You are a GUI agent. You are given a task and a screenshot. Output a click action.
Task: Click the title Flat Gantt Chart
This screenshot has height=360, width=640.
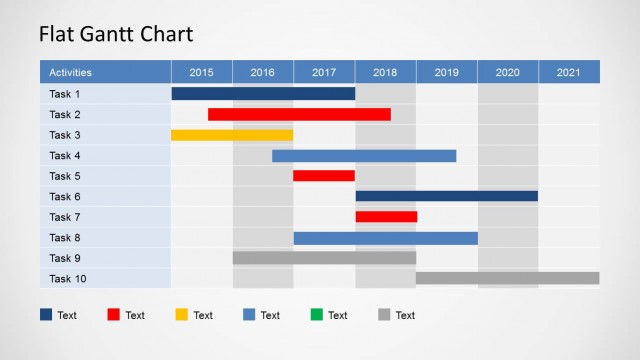coord(116,34)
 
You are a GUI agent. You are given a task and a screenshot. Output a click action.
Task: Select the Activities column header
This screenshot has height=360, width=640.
coord(71,72)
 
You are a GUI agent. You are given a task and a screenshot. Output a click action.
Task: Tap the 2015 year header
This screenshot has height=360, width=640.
coord(201,72)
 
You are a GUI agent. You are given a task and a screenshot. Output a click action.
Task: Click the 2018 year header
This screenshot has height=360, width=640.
coord(385,72)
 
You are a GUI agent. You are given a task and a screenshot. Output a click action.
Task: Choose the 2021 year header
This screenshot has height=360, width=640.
coord(568,72)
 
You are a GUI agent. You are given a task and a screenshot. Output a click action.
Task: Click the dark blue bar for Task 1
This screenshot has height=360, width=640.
coord(263,94)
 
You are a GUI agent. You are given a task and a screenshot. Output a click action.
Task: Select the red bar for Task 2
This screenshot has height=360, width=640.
coord(299,114)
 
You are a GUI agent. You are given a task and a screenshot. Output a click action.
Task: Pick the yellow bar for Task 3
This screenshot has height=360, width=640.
coord(232,135)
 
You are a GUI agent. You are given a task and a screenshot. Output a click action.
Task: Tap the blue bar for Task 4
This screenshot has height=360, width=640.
coord(364,155)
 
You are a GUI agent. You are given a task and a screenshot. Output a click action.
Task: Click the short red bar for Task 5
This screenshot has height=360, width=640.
coord(324,176)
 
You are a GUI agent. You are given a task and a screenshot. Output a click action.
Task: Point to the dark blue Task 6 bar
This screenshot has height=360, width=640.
coord(447,196)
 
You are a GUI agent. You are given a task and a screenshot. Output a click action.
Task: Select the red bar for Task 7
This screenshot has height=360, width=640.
coord(386,217)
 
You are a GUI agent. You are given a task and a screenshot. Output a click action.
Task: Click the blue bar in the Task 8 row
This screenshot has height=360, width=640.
coord(385,237)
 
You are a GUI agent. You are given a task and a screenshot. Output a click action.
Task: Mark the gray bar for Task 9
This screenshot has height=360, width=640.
coord(324,258)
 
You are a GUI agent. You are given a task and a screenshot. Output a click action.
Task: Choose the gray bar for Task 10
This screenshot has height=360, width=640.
coord(507,278)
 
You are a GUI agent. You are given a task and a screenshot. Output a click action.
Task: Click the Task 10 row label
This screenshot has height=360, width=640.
coord(68,278)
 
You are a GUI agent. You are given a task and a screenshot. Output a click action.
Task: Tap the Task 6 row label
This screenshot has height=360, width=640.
coord(65,196)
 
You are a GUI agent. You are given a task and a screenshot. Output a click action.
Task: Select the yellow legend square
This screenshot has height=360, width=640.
coord(181,315)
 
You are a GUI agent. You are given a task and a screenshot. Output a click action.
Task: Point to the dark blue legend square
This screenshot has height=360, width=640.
coord(46,315)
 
